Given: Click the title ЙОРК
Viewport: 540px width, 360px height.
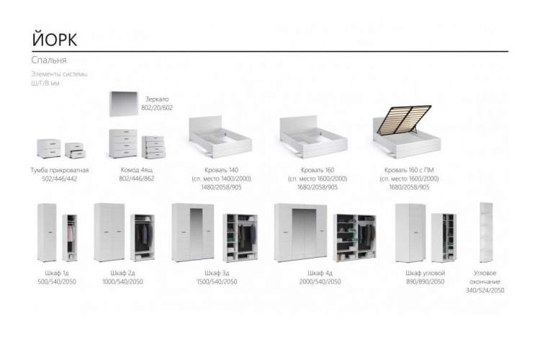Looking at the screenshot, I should point(54,37).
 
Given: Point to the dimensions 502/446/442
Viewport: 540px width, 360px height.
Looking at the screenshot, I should point(60,177).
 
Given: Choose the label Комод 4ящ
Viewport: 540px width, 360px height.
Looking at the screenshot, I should point(136,169).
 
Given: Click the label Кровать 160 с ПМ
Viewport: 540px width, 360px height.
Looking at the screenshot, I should point(409,169).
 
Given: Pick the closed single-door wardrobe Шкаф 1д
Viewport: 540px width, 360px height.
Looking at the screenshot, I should point(46,232).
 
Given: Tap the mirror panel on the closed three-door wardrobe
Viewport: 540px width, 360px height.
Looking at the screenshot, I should point(193,233).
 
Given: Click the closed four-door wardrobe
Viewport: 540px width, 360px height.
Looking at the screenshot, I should point(300,232).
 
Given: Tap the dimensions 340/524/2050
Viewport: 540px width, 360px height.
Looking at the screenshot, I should point(485,290).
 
